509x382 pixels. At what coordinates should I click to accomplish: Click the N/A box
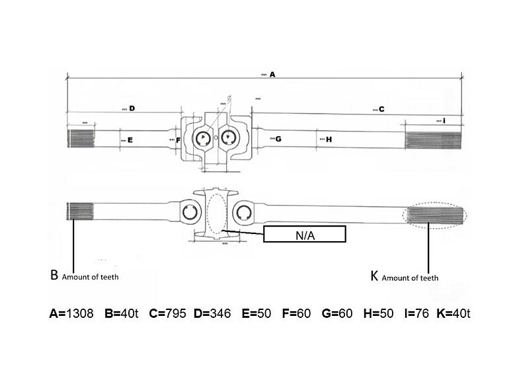304,234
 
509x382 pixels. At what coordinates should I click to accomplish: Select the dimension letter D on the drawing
132,108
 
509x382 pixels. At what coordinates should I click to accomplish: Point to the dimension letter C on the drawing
381,110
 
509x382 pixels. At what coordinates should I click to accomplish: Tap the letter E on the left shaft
130,140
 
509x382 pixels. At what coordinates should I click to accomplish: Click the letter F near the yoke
178,139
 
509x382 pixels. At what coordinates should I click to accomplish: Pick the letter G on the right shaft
278,139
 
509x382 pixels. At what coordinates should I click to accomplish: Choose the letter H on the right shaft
329,139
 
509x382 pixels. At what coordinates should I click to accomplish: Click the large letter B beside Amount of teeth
54,276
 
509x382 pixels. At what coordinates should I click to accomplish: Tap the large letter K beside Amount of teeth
374,276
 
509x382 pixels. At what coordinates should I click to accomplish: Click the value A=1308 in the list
71,313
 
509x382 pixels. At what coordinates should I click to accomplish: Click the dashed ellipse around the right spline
465,215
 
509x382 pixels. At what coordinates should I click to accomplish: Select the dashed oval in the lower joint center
217,213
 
